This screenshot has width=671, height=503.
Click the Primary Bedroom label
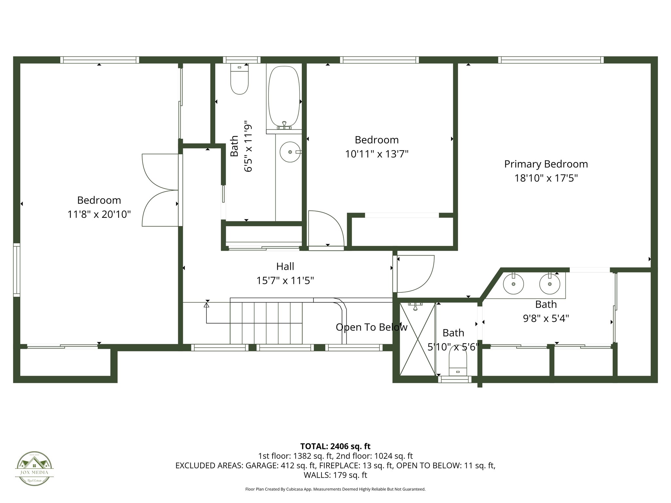click(546, 164)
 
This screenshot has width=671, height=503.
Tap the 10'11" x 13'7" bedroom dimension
click(376, 154)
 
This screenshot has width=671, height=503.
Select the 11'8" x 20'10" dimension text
click(99, 214)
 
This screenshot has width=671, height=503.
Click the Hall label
click(285, 267)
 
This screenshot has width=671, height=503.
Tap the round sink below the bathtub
click(290, 152)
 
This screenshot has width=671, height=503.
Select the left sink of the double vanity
click(513, 284)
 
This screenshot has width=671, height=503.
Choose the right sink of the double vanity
click(550, 284)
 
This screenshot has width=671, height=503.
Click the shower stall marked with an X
click(417, 339)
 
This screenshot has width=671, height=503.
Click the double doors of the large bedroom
click(161, 190)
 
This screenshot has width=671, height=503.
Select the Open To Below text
click(372, 327)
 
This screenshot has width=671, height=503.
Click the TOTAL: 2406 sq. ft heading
click(335, 446)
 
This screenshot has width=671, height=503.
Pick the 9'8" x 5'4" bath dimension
click(546, 318)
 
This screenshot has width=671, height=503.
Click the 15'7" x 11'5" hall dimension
click(285, 281)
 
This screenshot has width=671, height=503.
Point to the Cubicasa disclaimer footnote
click(335, 489)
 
